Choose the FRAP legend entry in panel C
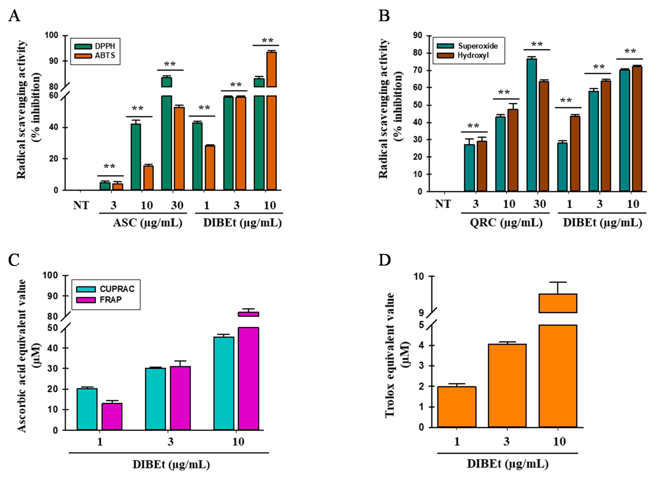coord(98,300)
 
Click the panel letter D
coord(384,260)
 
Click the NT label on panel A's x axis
coord(81,205)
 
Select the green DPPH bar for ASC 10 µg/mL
coord(136,157)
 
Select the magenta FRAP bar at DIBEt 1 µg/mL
coord(112,416)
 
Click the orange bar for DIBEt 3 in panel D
coord(507,385)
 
